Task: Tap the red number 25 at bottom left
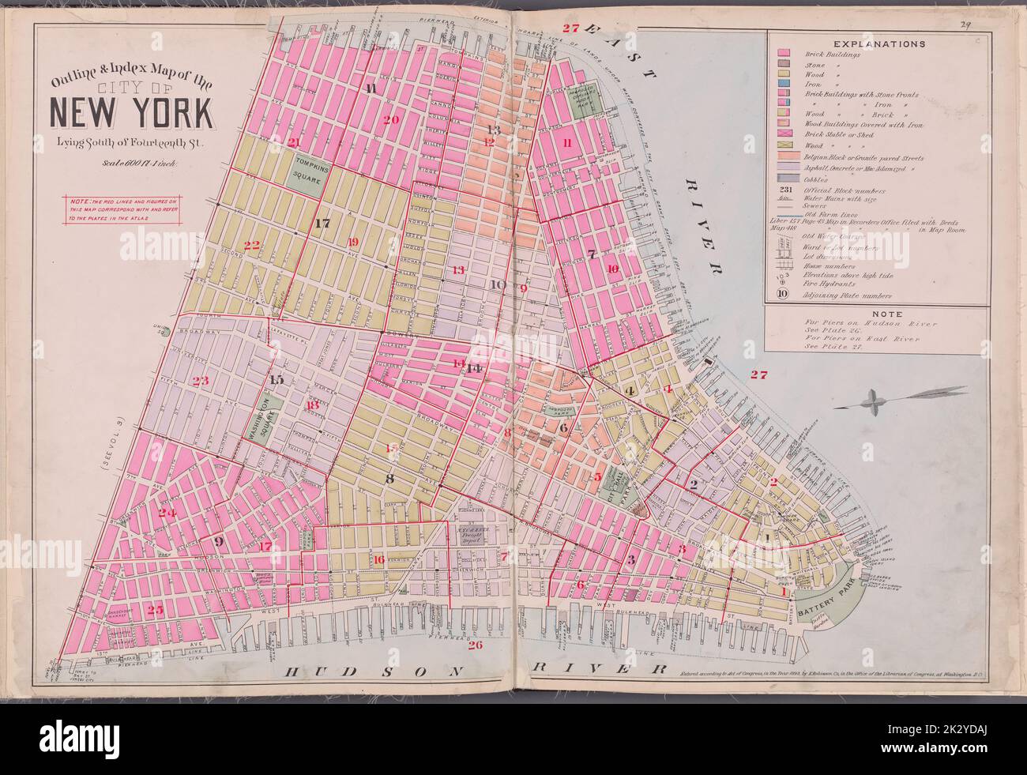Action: [x=155, y=610]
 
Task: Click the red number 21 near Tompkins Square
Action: [x=294, y=142]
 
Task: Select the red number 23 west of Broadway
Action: [x=201, y=381]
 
